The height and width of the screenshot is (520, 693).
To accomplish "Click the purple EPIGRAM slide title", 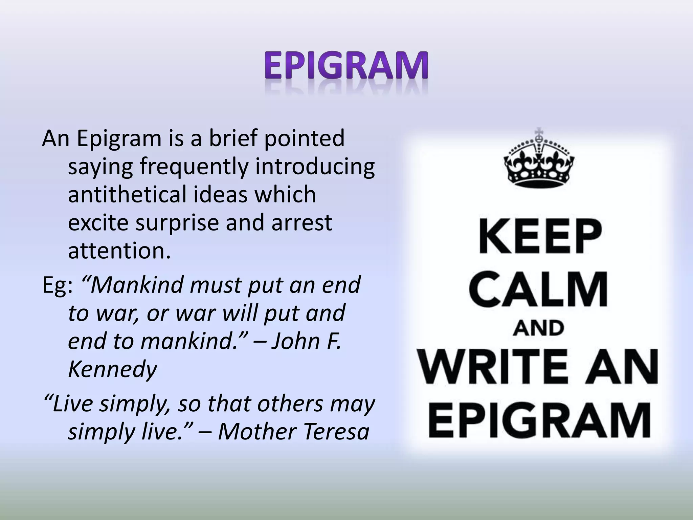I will click(x=346, y=65).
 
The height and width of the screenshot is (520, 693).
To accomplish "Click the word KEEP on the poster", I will click(x=540, y=236).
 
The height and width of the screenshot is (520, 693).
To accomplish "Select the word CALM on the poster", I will click(x=539, y=289).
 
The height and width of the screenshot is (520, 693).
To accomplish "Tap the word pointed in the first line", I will click(x=304, y=138).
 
